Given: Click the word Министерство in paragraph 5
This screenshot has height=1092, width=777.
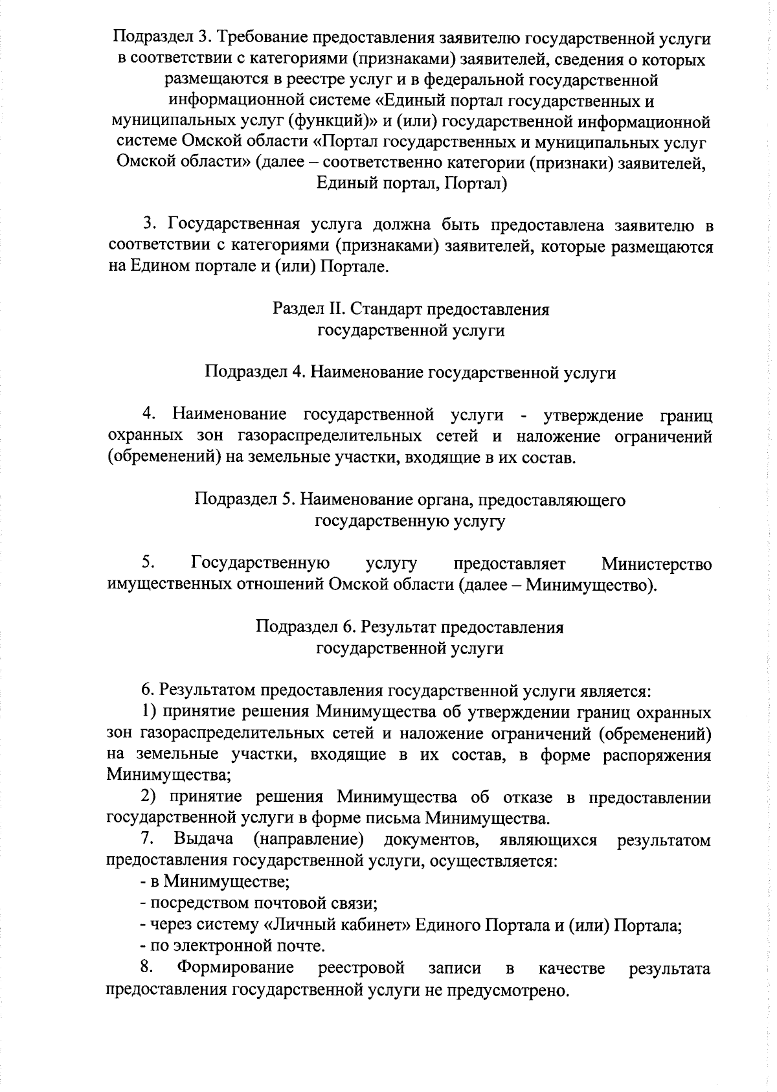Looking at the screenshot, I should [657, 564].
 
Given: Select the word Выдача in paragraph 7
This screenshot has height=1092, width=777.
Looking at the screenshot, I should [203, 840].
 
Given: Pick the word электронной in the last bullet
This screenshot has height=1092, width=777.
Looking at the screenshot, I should [221, 946].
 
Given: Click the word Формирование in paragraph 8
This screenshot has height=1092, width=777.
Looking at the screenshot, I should [236, 968].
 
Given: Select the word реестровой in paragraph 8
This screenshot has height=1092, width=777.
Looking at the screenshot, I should [362, 968].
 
